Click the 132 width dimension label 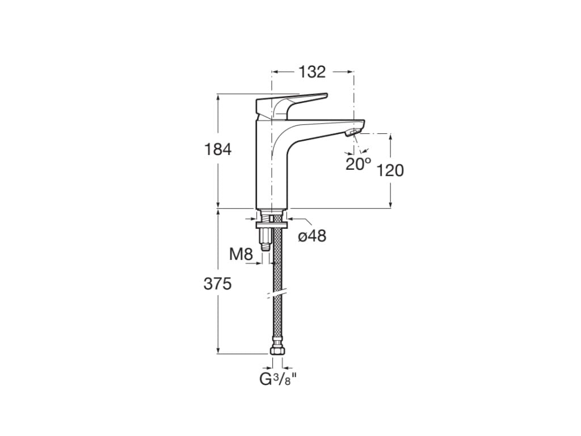[x=312, y=72]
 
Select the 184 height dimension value [x=218, y=149]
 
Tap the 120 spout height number [x=390, y=170]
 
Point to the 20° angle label [x=358, y=164]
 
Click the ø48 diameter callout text [x=313, y=236]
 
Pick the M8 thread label [x=241, y=254]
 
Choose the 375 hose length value [x=217, y=284]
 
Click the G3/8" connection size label [x=278, y=379]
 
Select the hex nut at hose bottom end [x=277, y=350]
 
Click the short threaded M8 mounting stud [x=266, y=239]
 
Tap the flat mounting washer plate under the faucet [x=272, y=225]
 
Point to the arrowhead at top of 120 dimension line [x=390, y=136]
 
